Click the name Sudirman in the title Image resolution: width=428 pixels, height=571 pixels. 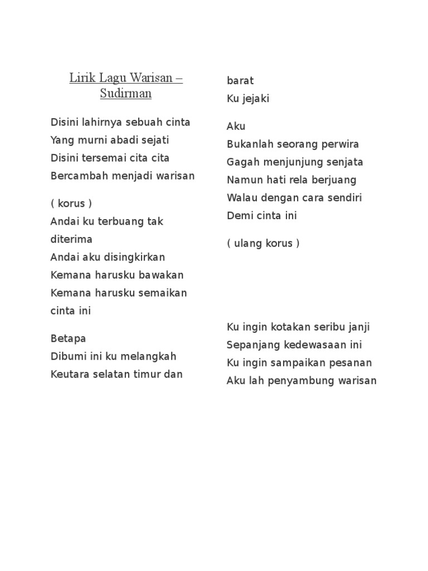[126, 93]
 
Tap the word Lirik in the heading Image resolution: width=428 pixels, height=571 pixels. [81, 78]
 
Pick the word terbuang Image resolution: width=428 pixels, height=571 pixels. [121, 221]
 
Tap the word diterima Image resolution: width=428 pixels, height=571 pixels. [71, 239]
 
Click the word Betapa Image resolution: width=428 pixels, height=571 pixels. [68, 338]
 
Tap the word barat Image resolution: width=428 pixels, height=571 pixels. [240, 81]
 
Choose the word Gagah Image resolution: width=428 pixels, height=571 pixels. [241, 162]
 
